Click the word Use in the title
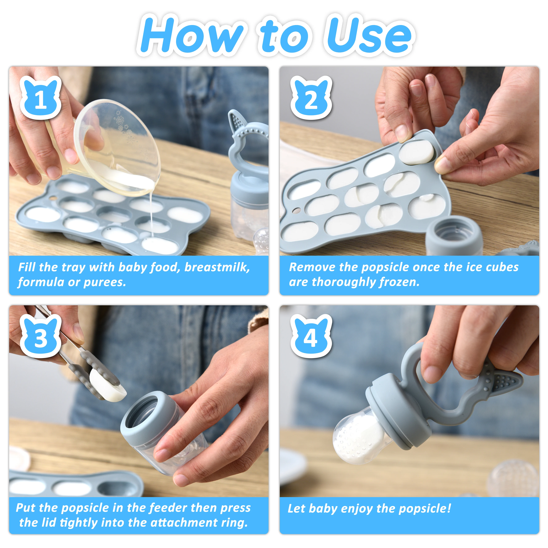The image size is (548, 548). [x=369, y=35]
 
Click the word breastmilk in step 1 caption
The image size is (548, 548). [x=217, y=267]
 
